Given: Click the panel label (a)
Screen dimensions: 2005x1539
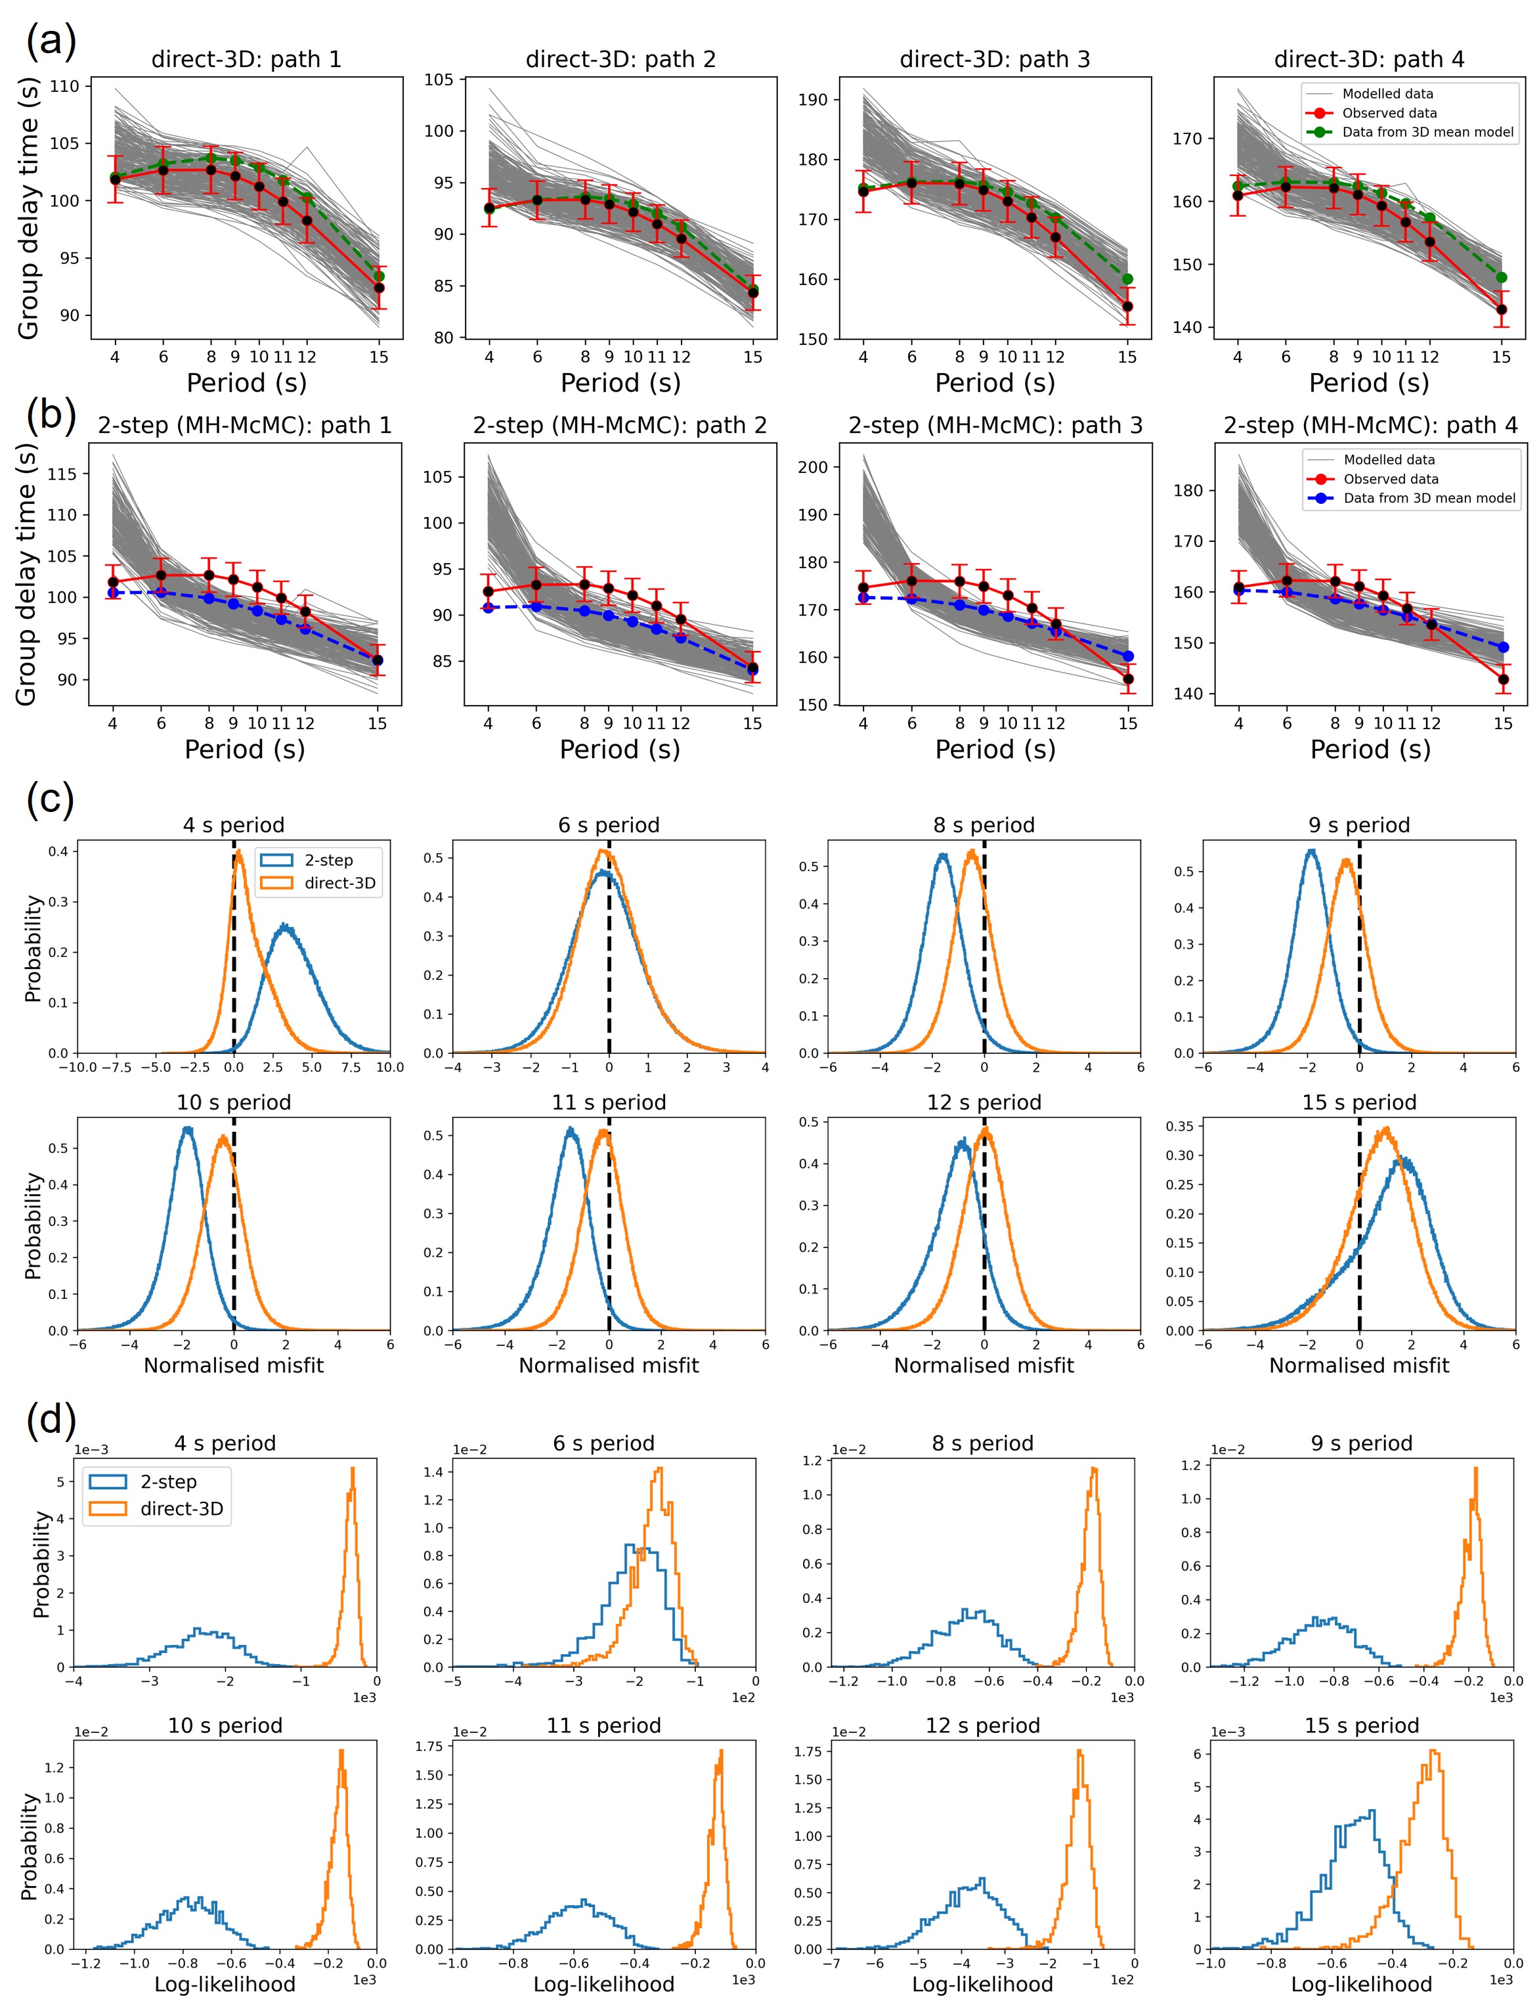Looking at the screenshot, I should click(x=51, y=41).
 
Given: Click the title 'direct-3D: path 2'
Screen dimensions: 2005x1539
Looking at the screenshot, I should click(x=620, y=60).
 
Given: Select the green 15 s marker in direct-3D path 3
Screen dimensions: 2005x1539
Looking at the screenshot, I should click(x=1128, y=279).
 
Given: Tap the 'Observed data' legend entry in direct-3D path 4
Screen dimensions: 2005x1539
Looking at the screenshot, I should click(x=1389, y=113).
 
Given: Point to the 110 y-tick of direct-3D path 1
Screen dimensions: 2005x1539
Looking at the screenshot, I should click(x=70, y=86).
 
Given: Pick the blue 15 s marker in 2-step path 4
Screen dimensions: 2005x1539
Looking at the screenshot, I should click(x=1504, y=648).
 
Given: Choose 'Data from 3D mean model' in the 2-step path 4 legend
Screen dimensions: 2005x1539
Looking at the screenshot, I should click(x=1429, y=499).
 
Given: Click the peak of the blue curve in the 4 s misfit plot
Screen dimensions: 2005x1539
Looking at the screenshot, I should click(x=287, y=926).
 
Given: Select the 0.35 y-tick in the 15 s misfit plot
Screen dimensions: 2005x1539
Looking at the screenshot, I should click(x=1181, y=1126).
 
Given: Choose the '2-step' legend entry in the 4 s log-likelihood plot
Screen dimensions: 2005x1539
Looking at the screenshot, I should click(x=167, y=1482).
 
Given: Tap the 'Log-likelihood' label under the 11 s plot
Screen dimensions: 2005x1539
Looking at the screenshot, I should click(x=603, y=1984).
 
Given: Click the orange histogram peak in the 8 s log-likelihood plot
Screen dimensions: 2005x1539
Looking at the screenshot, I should click(x=1094, y=1469).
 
